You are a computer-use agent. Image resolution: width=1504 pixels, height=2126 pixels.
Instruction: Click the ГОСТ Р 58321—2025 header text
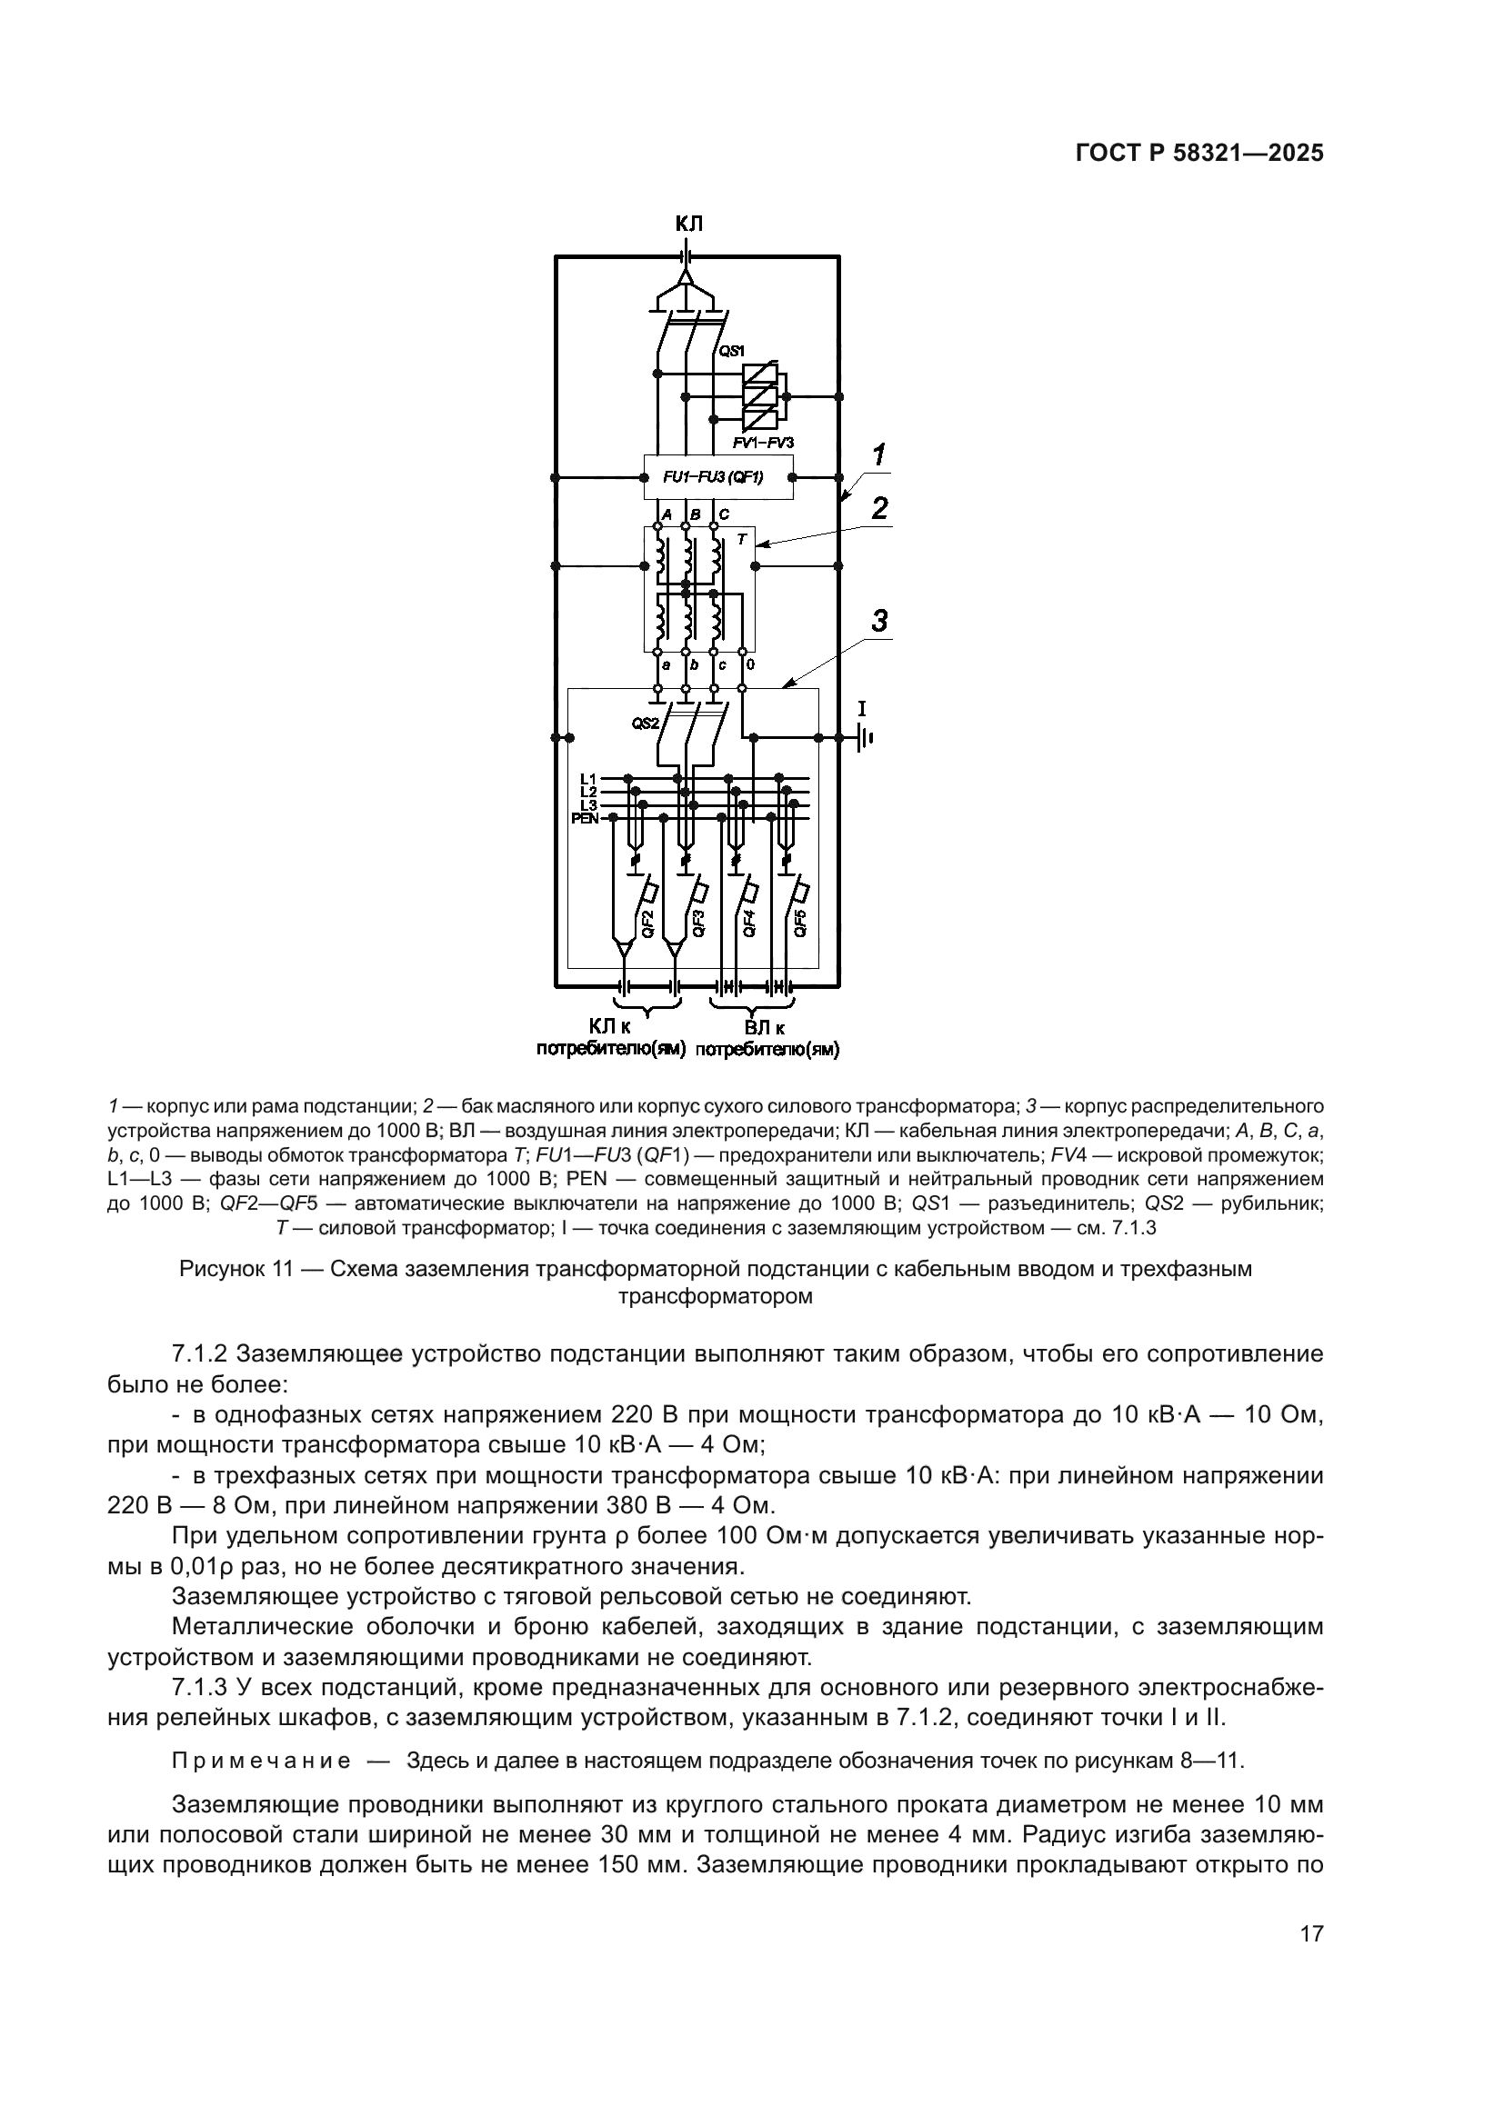pos(1198,154)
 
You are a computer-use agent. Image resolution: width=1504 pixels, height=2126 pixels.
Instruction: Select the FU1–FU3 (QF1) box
pos(717,478)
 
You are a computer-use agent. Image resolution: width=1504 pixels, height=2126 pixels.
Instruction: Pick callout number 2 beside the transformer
pos(879,507)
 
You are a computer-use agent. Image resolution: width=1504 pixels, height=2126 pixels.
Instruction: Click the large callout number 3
pos(880,620)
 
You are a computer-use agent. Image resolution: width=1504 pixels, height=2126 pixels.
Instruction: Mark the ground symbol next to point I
pos(865,737)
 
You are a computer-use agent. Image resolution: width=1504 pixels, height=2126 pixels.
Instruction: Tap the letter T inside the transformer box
pos(741,540)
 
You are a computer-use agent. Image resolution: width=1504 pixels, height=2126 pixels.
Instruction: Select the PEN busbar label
pos(586,818)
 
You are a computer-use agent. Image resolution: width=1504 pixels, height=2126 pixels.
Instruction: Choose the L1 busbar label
pos(588,778)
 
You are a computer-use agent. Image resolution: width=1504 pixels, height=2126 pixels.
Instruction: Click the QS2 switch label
pos(645,724)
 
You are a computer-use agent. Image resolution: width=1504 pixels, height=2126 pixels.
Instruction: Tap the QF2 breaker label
pos(648,924)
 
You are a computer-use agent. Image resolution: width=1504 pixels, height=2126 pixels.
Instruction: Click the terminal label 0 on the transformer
pos(749,664)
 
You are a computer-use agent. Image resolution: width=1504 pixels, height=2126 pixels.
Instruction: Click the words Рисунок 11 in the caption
pos(236,1269)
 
